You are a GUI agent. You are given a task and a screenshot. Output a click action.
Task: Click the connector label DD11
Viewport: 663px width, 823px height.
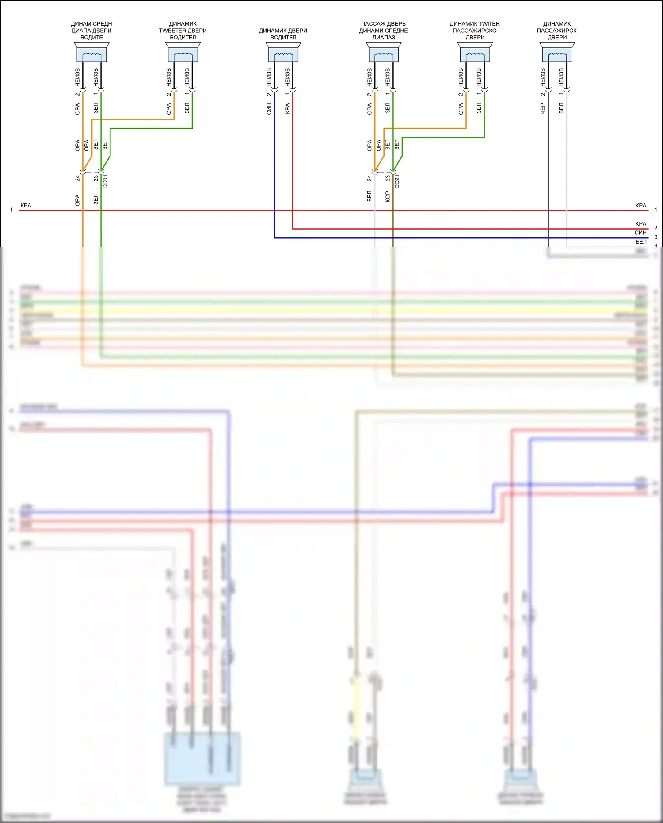105,181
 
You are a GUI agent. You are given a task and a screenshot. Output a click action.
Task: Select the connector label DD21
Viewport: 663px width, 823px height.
397,181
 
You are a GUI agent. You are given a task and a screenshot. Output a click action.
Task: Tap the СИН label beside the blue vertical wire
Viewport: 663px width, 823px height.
269,109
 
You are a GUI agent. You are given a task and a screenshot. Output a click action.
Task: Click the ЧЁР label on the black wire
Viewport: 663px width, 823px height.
543,109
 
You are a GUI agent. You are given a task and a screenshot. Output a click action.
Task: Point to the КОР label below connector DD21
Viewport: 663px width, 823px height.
388,196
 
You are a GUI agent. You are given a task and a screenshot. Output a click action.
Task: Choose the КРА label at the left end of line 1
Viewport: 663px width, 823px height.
26,206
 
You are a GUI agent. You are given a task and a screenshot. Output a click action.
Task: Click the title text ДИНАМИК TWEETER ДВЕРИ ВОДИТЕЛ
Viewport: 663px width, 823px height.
183,31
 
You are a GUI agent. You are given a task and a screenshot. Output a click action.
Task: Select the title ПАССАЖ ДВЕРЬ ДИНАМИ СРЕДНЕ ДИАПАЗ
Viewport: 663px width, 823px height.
384,31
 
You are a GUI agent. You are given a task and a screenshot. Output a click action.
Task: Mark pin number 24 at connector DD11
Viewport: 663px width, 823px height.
77,178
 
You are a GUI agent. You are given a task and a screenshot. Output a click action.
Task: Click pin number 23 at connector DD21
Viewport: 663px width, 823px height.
388,178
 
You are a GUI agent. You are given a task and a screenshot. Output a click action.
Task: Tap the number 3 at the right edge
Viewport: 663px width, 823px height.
656,237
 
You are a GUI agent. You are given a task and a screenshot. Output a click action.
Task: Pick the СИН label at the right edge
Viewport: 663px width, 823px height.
640,233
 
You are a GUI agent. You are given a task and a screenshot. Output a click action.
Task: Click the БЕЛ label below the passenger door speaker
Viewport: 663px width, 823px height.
561,108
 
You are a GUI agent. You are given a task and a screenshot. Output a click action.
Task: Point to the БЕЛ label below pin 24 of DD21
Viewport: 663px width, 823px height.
370,196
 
